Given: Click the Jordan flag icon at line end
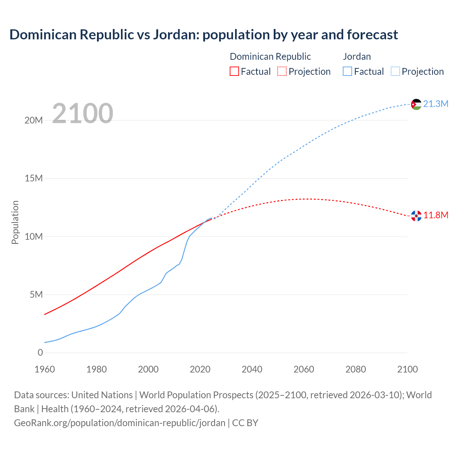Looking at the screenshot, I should click(416, 104).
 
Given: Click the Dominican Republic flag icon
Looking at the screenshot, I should click(416, 216).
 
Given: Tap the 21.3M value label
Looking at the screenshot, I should click(435, 104).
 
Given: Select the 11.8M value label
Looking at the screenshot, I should click(435, 215).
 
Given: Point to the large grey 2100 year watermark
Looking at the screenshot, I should click(83, 113).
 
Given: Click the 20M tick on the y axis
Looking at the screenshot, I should click(34, 120).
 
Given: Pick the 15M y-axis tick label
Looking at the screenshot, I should click(34, 178).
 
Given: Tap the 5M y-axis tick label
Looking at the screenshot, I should click(36, 294).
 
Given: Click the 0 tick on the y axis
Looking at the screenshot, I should click(40, 352).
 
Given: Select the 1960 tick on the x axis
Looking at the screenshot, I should click(45, 369).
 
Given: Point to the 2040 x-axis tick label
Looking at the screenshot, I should click(252, 369).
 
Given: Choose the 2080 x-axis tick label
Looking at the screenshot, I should click(356, 369).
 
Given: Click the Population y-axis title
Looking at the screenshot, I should click(15, 222).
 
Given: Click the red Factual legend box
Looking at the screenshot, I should click(234, 71).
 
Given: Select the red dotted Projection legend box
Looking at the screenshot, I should click(282, 71).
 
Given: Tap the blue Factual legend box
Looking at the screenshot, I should click(347, 71).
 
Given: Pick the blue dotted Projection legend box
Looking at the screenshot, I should click(395, 71).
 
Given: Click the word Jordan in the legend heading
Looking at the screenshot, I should click(357, 57).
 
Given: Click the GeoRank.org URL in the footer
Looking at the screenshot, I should click(120, 423).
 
